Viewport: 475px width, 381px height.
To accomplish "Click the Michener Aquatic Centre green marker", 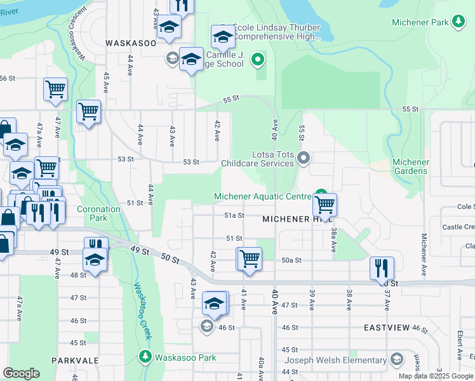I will tap(322, 196).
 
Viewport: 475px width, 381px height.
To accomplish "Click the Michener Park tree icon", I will tap(457, 22).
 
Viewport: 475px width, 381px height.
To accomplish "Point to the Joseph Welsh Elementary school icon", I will tap(396, 360).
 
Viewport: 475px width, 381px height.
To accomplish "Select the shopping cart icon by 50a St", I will tap(249, 259).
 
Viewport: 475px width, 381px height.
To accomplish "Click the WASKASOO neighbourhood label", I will tap(130, 43).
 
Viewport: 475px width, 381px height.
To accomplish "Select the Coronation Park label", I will tap(98, 213).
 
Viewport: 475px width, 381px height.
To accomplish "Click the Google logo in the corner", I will tap(21, 373).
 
